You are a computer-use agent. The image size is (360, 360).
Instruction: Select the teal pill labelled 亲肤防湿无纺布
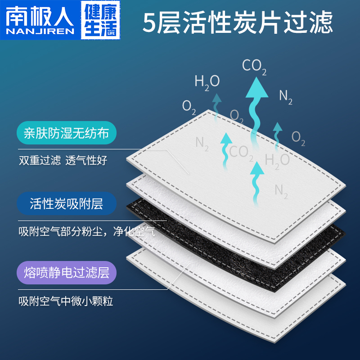point(67,133)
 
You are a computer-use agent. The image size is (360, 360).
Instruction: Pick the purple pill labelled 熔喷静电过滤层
point(67,273)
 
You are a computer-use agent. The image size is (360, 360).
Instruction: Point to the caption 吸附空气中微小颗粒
point(66,301)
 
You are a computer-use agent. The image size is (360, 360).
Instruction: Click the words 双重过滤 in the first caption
point(40,160)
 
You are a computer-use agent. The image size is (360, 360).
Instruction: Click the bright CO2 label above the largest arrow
point(254,67)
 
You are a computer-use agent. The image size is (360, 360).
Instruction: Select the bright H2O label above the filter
point(207,81)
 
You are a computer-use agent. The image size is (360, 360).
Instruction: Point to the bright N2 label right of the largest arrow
point(286,96)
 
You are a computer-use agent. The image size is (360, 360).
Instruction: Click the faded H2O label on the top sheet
point(277,160)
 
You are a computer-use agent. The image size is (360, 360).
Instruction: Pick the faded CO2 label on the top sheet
point(242,152)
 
